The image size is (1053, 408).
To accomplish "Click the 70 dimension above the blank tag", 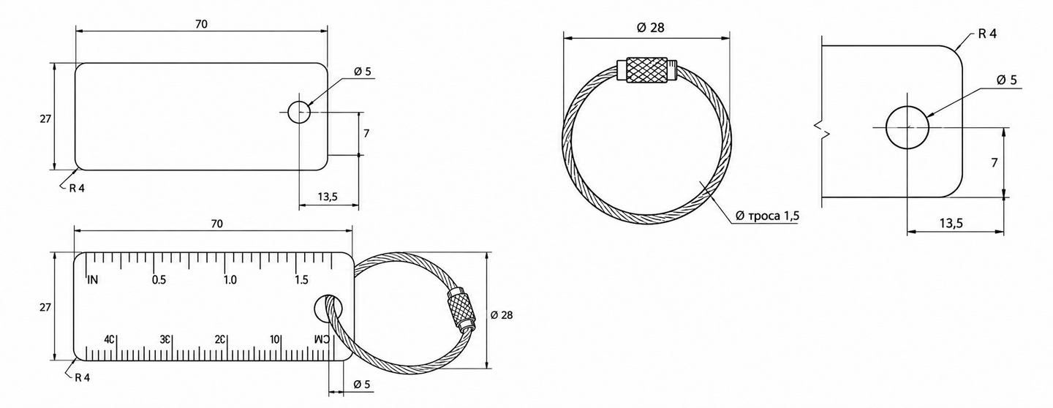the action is [201, 24].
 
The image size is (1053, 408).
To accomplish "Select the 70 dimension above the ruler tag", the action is [216, 224].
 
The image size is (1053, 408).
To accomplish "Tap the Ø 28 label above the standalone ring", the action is [651, 28].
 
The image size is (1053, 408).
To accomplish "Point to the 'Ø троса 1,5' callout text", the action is [767, 216].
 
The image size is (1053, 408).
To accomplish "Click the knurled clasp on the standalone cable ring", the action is [646, 69].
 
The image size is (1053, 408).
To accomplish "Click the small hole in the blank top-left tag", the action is [299, 112].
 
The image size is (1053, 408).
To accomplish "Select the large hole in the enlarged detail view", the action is [907, 127].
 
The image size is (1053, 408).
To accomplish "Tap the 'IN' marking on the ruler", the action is [93, 280].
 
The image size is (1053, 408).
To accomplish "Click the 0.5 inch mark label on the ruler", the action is [159, 280].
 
